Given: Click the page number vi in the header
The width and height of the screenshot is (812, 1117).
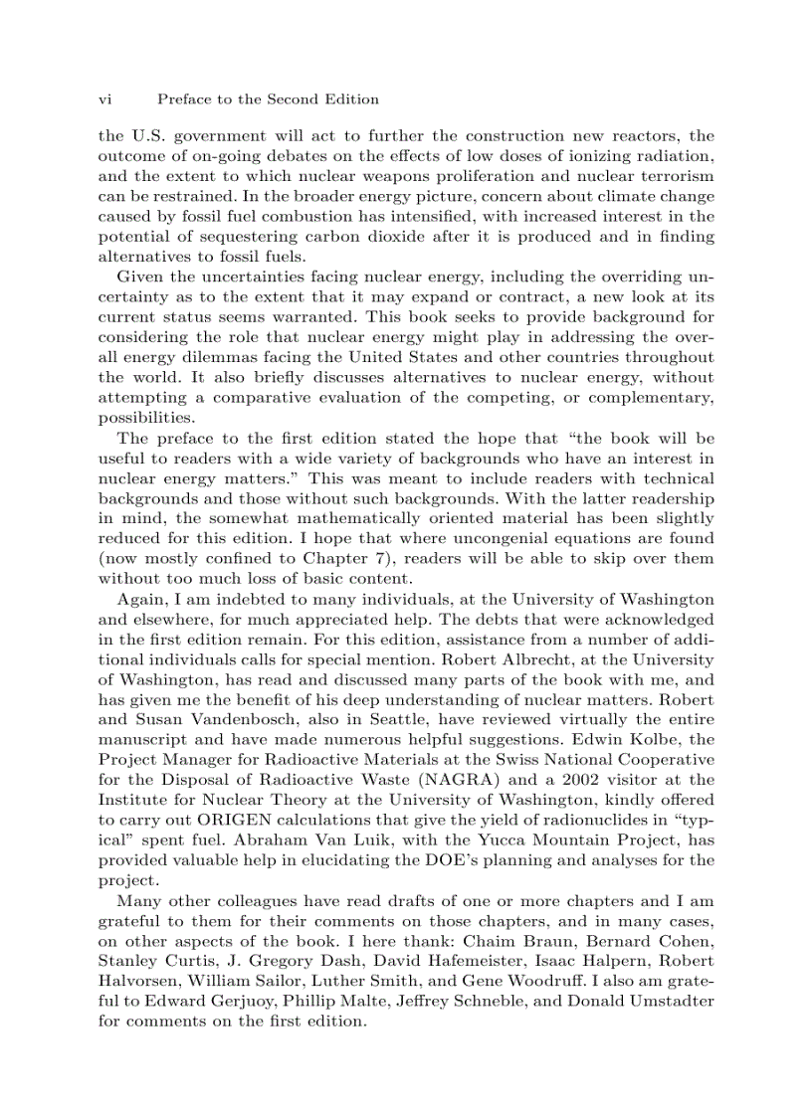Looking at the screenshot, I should pyautogui.click(x=105, y=99).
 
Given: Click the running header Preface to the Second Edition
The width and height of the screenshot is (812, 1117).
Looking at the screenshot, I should pyautogui.click(x=268, y=99).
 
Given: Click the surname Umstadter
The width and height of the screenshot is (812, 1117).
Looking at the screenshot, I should pyautogui.click(x=668, y=1002).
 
